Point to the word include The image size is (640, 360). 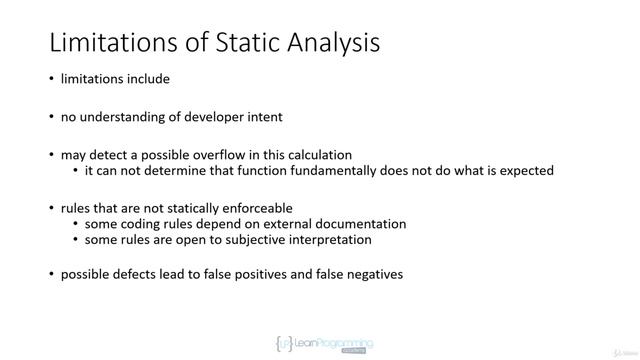(x=146, y=80)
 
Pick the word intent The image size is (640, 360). (x=263, y=117)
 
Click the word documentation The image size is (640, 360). (x=355, y=224)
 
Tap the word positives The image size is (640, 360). (x=264, y=273)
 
